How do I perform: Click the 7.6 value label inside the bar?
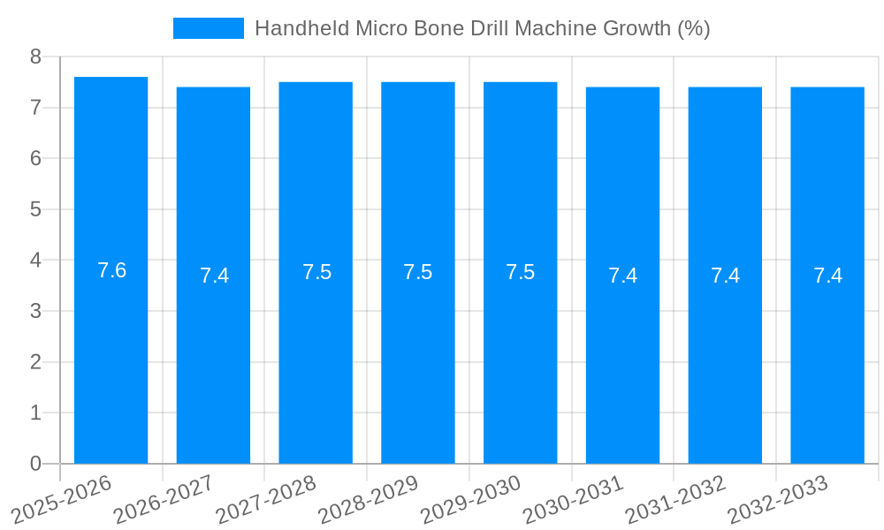point(111,270)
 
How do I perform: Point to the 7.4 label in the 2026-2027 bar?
point(214,276)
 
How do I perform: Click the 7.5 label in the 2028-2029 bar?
point(418,272)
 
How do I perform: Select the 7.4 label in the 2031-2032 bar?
point(726,276)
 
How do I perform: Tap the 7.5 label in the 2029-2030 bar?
point(521,272)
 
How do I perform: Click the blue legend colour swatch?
point(208,28)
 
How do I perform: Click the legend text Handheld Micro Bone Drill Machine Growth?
point(482,28)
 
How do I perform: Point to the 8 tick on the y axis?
point(35,57)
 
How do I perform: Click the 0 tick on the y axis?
point(35,464)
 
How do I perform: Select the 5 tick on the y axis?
point(35,209)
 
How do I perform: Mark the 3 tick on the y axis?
point(35,311)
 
